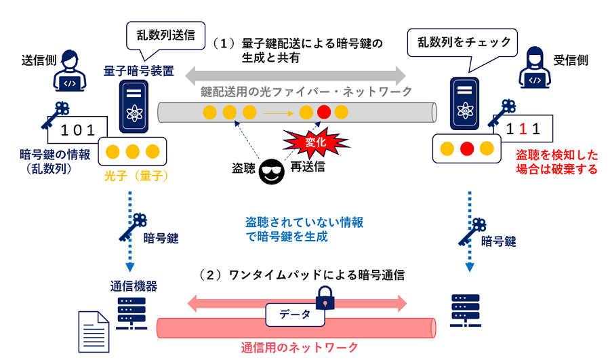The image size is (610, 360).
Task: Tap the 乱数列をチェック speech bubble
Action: click(459, 44)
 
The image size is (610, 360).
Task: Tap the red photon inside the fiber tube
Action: click(324, 112)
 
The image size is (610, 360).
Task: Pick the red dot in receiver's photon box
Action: click(466, 148)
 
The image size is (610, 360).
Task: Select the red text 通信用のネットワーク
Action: click(299, 347)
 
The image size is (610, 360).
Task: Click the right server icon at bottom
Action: click(465, 311)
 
